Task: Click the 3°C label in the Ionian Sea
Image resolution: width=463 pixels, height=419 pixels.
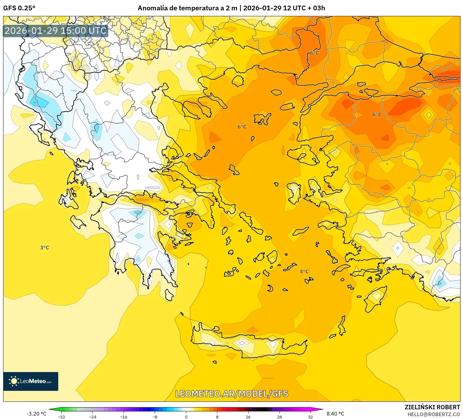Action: (44, 248)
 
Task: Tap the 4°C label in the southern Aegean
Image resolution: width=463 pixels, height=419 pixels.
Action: (304, 271)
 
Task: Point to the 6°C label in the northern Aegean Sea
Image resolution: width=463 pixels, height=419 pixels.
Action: (242, 127)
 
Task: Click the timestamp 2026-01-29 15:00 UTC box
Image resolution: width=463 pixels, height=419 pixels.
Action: (55, 31)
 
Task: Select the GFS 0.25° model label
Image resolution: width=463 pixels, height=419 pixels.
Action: (19, 8)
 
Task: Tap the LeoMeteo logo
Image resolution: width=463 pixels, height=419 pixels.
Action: (31, 381)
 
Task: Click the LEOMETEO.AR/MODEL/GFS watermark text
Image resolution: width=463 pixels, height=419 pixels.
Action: (231, 394)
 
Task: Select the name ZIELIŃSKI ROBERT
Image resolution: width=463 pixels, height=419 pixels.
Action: (432, 407)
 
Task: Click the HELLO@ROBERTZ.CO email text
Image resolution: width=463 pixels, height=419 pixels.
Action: (433, 414)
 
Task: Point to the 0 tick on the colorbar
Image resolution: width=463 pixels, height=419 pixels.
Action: (186, 416)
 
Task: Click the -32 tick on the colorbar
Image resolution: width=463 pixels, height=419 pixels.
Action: (61, 416)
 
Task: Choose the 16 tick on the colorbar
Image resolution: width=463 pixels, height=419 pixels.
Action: (248, 416)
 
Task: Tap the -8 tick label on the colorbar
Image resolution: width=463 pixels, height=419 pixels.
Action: (155, 416)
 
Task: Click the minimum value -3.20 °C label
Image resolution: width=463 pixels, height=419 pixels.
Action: (36, 414)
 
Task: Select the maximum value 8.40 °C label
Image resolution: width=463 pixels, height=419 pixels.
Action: (335, 414)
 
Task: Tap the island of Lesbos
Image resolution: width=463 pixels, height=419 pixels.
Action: (302, 156)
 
